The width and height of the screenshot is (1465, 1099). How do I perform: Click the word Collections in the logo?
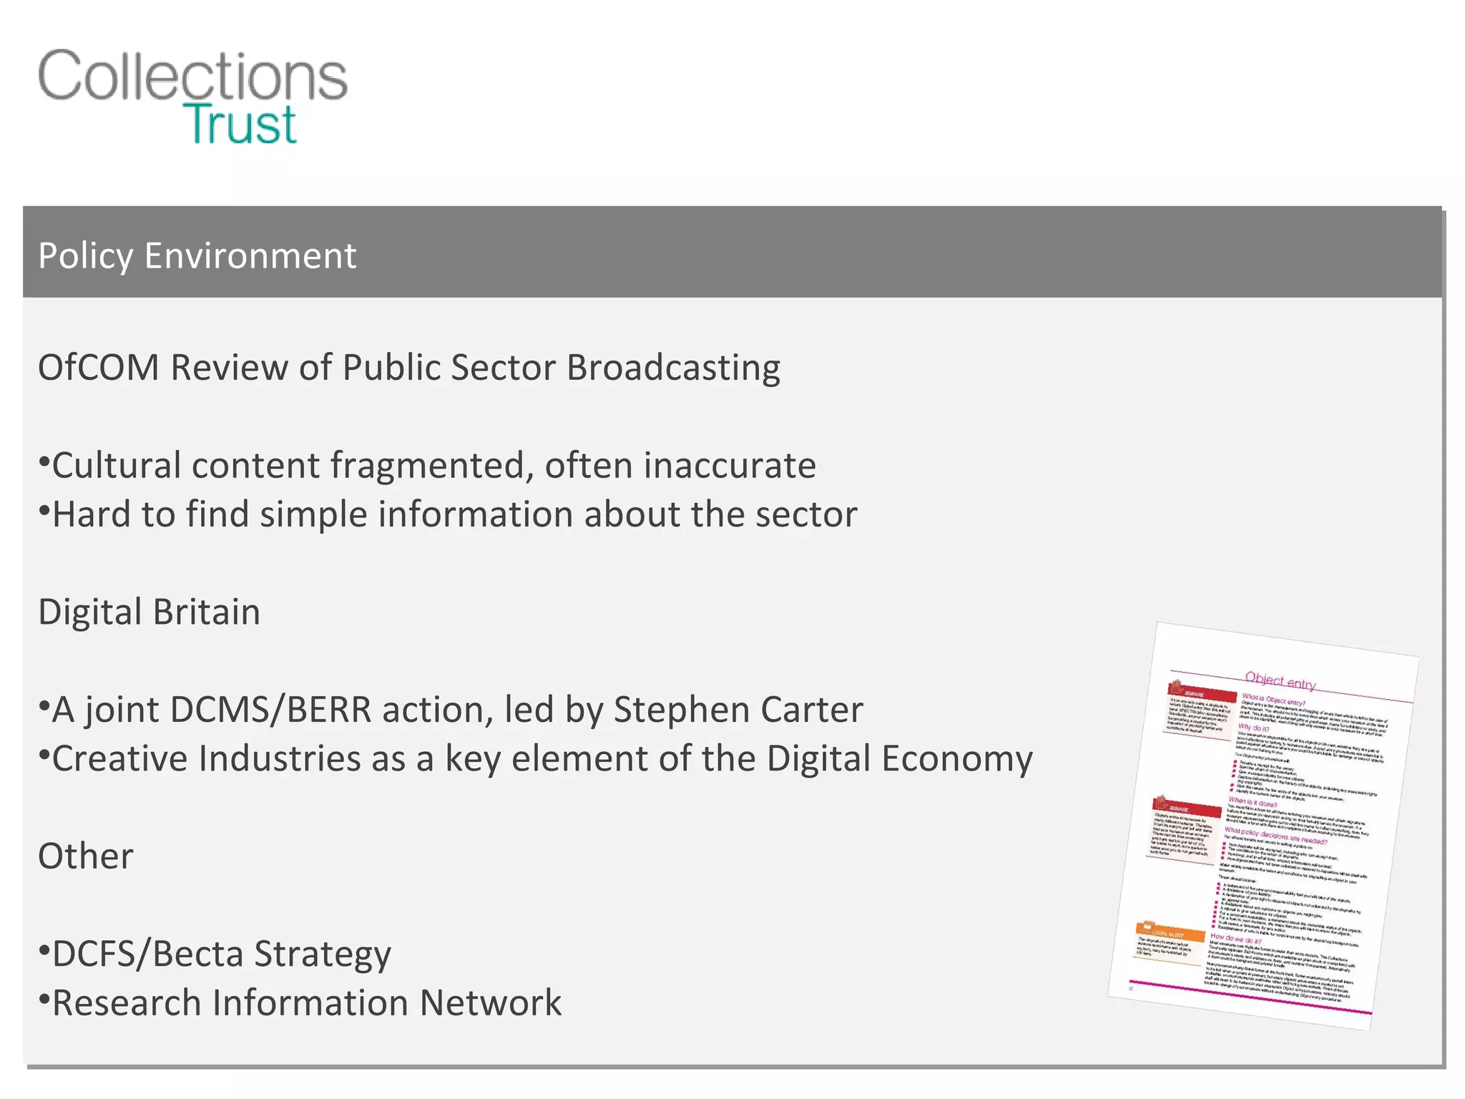pyautogui.click(x=192, y=76)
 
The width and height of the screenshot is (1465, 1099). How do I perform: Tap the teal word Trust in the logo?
pyautogui.click(x=240, y=124)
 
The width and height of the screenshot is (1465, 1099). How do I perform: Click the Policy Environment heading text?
pyautogui.click(x=197, y=255)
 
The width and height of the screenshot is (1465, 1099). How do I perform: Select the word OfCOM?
pyautogui.click(x=98, y=368)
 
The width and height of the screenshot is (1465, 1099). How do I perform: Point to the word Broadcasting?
pyautogui.click(x=673, y=368)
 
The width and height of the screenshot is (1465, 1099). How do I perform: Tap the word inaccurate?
pyautogui.click(x=730, y=466)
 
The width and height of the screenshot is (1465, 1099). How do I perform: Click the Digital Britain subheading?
pyautogui.click(x=149, y=612)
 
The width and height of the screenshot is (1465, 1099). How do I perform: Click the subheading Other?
pyautogui.click(x=86, y=856)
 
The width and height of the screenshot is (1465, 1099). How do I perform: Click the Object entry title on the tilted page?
pyautogui.click(x=1280, y=680)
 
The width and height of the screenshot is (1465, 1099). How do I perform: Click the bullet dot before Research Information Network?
pyautogui.click(x=44, y=997)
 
